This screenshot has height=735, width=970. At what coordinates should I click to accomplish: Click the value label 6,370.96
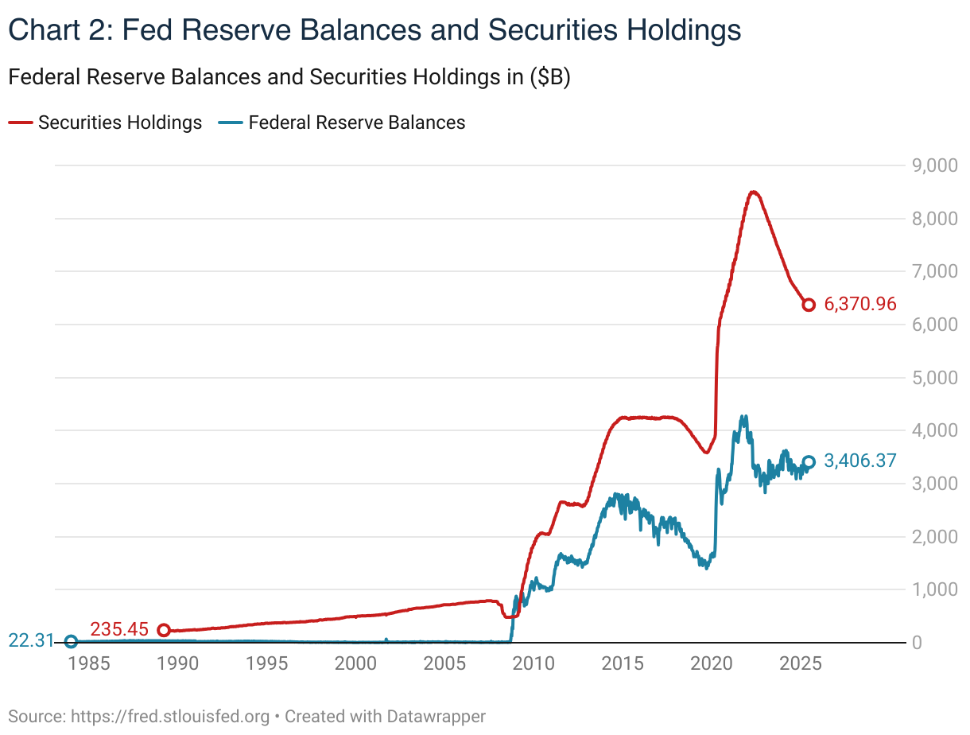861,305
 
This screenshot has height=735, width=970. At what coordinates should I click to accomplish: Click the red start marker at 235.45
164,630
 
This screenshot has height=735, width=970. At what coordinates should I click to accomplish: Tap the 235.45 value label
119,629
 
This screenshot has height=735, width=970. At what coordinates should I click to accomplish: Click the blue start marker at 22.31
71,641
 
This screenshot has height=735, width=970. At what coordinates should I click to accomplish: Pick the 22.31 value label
31,640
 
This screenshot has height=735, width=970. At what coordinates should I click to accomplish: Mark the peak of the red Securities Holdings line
753,192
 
